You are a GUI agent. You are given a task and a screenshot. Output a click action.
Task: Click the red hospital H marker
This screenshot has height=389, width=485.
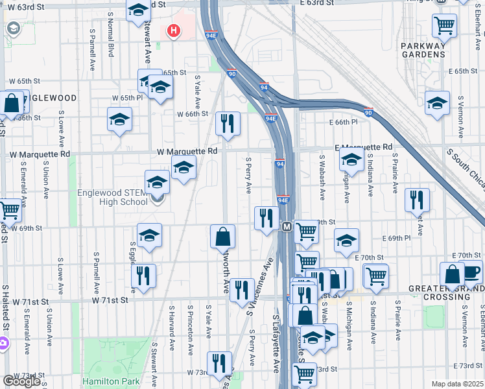(x=174, y=30)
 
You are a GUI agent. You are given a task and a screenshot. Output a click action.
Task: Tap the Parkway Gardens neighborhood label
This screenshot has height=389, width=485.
(x=423, y=50)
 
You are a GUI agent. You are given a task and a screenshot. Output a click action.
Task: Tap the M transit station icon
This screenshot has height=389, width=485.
(x=287, y=226)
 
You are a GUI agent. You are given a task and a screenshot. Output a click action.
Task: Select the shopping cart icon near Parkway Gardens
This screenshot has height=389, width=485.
(x=445, y=25)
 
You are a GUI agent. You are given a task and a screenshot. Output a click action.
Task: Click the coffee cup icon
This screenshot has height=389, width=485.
(x=471, y=272)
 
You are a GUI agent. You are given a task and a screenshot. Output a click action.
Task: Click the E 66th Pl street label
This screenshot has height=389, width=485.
(x=343, y=122)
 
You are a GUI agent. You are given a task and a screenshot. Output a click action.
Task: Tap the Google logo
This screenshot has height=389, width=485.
(x=21, y=381)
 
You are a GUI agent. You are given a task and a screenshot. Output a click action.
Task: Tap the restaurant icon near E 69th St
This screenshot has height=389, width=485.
(x=266, y=218)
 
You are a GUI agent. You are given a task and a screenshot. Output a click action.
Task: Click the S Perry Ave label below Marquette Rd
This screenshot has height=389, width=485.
(x=249, y=174)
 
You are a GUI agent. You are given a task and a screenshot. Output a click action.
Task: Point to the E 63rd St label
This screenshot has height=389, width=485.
(x=316, y=3)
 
